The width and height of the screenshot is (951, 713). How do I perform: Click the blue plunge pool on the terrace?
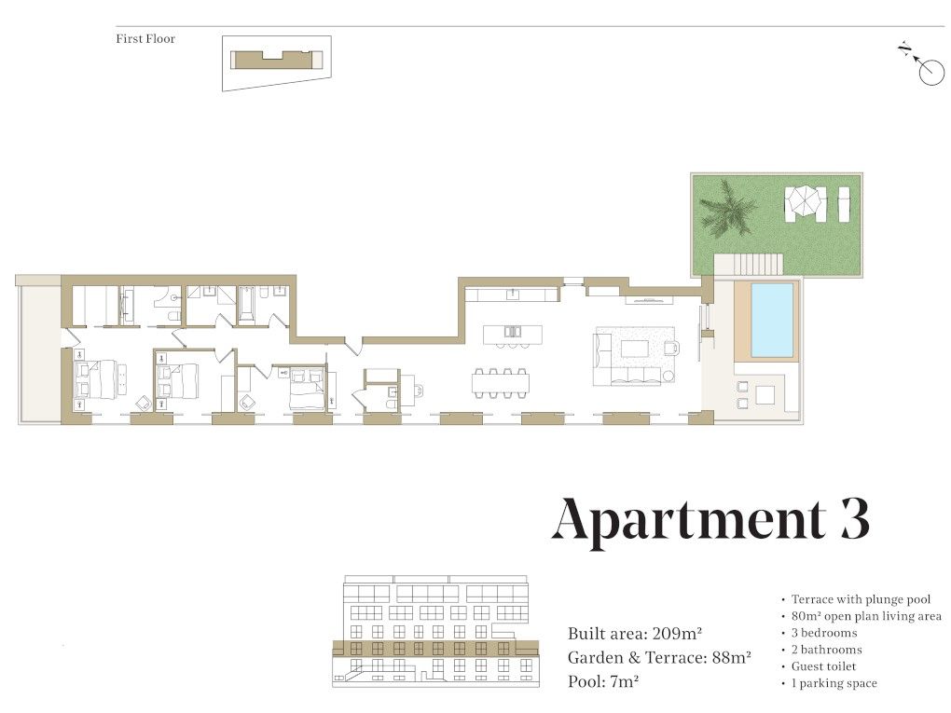(x=772, y=320)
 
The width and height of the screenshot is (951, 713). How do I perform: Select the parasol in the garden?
(x=806, y=199)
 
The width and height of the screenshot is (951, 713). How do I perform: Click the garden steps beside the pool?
(x=749, y=265)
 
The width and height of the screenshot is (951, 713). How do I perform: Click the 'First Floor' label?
(x=145, y=39)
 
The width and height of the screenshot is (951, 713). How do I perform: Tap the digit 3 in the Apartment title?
(x=855, y=519)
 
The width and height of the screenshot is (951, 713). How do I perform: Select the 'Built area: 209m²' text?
(x=634, y=634)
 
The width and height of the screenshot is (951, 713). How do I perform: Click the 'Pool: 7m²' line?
(x=603, y=681)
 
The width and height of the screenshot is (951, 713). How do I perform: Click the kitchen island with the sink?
(x=513, y=334)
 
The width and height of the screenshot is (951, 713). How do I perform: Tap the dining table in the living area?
(x=501, y=382)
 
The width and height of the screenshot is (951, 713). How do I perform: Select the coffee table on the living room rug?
(x=634, y=349)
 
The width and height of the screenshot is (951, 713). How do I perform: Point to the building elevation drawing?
(x=435, y=631)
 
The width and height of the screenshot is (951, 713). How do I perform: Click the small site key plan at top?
(x=277, y=63)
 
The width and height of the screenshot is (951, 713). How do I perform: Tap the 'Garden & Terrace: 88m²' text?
(x=659, y=658)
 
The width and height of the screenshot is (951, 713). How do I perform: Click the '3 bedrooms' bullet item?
(x=823, y=633)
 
